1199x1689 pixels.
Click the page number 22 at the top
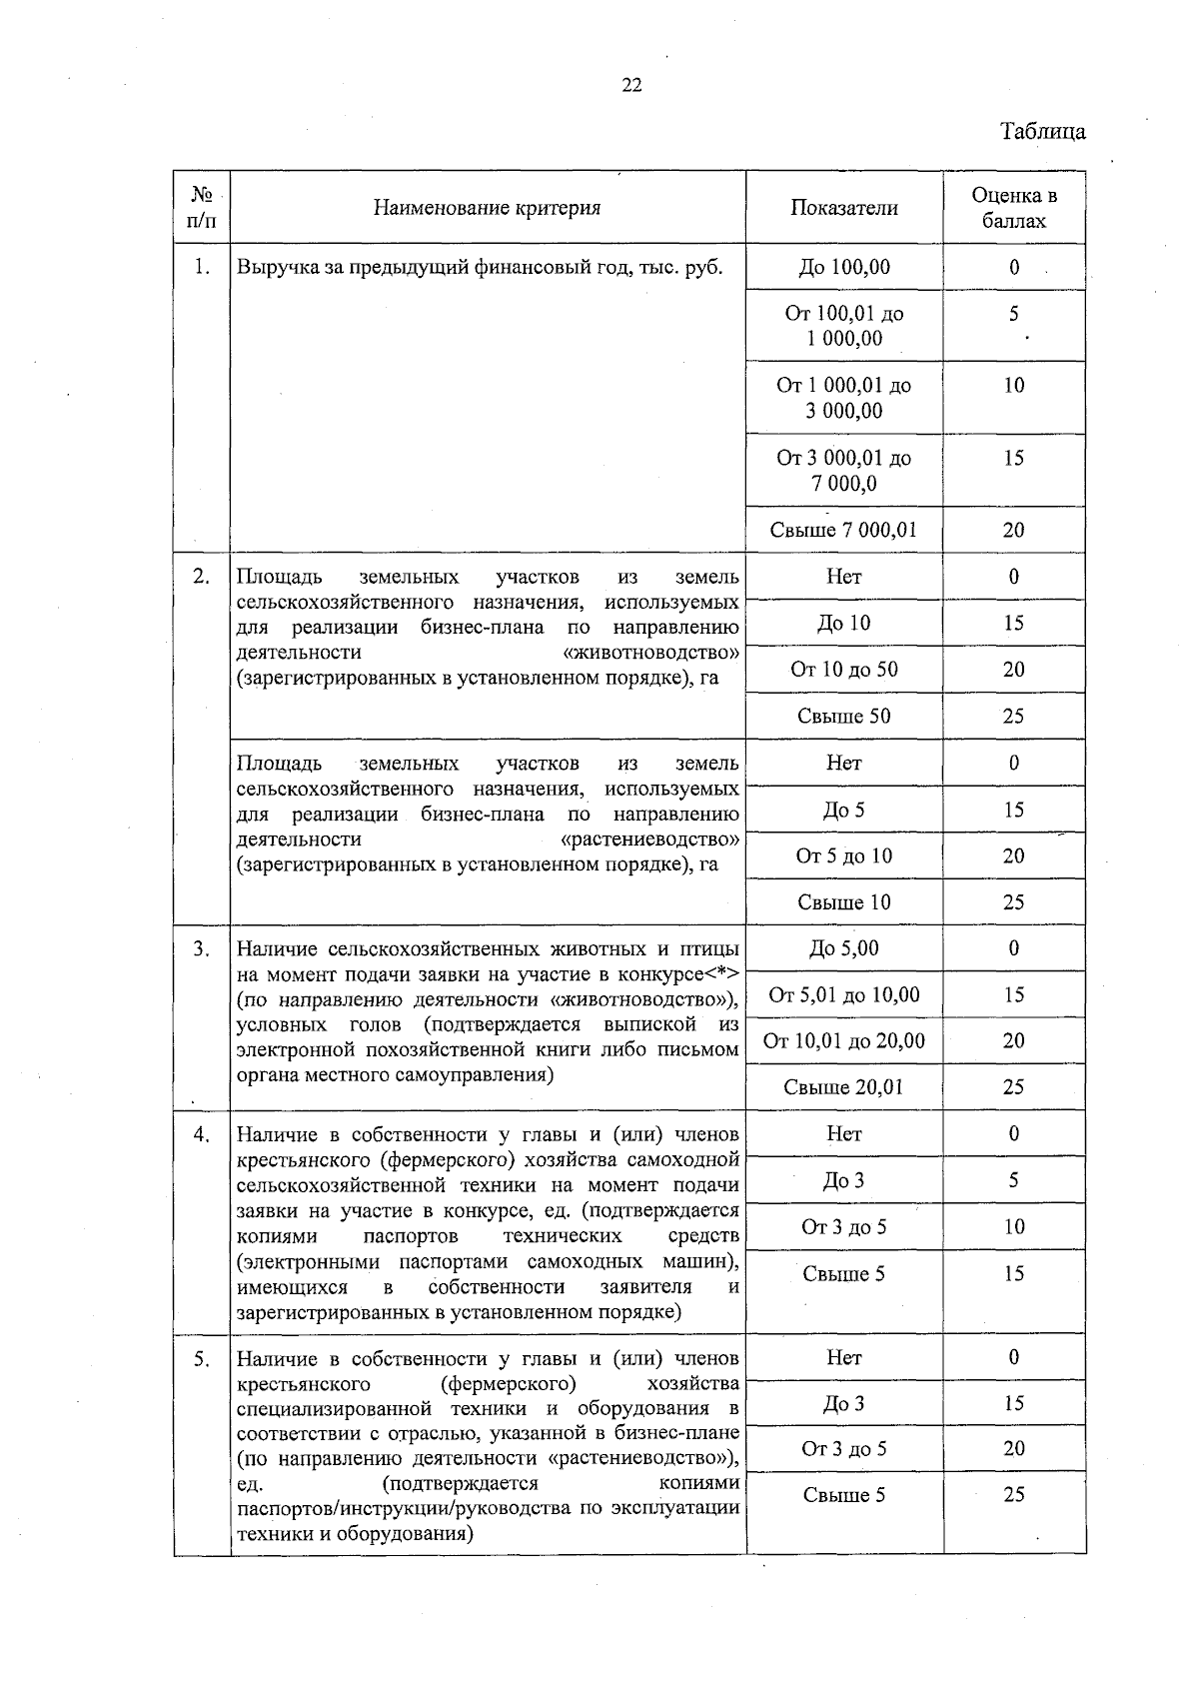coord(631,85)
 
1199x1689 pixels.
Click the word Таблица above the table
coord(1042,132)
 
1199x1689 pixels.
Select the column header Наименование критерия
coord(487,208)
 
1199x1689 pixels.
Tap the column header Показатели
coord(844,208)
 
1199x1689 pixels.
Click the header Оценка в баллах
coord(1013,208)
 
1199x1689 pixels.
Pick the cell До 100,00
coord(844,267)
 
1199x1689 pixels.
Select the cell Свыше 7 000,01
coord(843,530)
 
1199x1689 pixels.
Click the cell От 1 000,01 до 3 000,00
coord(844,398)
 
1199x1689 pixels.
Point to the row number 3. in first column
coord(202,948)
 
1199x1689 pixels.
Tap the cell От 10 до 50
coord(844,670)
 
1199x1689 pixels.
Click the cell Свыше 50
coord(844,716)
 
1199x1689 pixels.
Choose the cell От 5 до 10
coord(844,855)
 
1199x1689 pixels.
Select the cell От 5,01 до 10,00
coord(844,994)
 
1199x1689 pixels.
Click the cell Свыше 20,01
coord(844,1087)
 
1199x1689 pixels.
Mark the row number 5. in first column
coord(202,1359)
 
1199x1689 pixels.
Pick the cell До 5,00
coord(844,948)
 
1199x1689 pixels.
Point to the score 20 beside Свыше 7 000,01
coord(1013,530)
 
